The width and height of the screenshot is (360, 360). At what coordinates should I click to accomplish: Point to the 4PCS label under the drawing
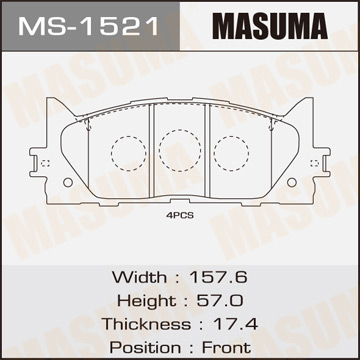(x=179, y=213)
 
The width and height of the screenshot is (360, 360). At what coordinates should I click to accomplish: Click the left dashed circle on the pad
(x=126, y=153)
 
